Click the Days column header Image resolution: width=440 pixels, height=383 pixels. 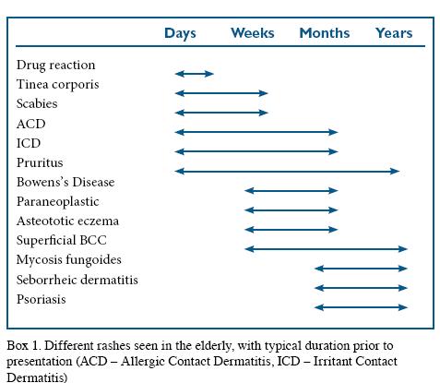(180, 33)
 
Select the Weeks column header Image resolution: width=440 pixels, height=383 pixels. (252, 33)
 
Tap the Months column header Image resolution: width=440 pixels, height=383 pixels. (324, 33)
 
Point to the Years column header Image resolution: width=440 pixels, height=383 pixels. (394, 33)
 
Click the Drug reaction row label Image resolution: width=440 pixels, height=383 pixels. (55, 66)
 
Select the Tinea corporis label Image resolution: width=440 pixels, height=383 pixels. (57, 85)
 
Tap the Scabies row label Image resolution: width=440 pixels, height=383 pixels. (38, 104)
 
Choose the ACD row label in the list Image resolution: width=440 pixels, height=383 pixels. (30, 124)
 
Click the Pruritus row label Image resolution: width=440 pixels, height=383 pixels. (40, 162)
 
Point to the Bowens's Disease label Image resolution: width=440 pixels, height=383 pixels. (65, 183)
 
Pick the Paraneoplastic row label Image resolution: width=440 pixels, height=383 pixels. (57, 202)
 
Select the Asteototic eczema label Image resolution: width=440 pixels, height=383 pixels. (67, 221)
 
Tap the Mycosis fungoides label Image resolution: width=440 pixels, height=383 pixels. (68, 260)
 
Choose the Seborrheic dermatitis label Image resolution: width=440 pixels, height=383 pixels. (77, 280)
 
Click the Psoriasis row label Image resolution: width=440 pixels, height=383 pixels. (41, 300)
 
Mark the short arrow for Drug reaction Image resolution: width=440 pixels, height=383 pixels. (194, 73)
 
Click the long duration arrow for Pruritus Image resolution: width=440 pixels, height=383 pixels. (287, 171)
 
